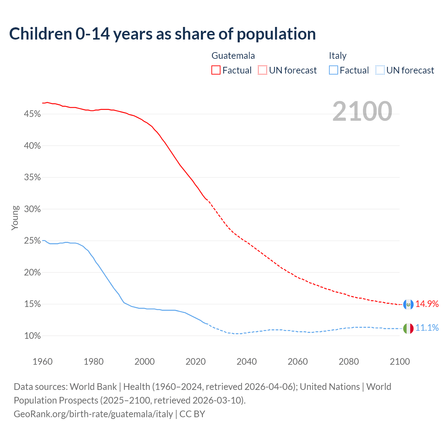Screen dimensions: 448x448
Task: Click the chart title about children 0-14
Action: (162, 34)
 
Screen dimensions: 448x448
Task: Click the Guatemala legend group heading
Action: (233, 56)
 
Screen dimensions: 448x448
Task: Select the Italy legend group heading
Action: (337, 56)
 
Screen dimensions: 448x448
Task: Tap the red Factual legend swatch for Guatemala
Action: (216, 70)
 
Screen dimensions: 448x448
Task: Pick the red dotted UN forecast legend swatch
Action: (262, 70)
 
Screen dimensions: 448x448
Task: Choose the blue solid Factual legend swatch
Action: (334, 70)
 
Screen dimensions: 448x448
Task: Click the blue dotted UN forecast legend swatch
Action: (380, 70)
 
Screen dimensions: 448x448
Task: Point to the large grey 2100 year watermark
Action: (362, 111)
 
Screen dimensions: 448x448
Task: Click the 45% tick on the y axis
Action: (32, 114)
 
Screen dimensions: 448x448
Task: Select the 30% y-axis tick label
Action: (32, 209)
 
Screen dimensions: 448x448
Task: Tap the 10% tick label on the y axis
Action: (32, 336)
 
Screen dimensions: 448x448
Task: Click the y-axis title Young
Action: (15, 218)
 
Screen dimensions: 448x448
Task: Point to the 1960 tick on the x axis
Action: (43, 362)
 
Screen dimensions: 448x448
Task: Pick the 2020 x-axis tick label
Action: (196, 362)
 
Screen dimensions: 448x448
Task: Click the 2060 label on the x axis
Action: (298, 362)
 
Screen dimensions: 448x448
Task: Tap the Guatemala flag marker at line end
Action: (408, 304)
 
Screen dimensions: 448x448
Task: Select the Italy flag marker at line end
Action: (408, 329)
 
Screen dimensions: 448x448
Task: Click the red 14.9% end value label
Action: (427, 304)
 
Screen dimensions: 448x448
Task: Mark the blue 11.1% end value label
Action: (427, 328)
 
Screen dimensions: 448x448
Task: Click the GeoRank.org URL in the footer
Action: (93, 414)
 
